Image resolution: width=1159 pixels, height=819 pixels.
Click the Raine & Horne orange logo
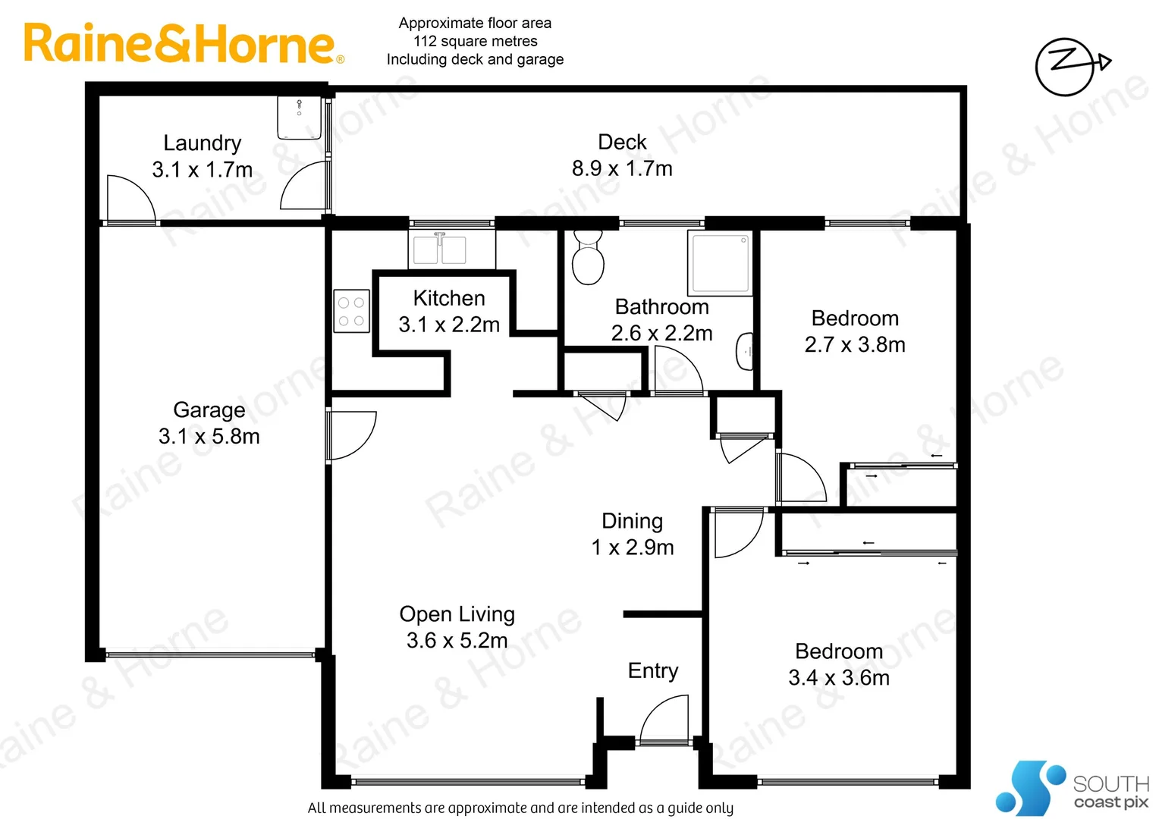click(x=182, y=44)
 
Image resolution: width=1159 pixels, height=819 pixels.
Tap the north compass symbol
click(x=1069, y=66)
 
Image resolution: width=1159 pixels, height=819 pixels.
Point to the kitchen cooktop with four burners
click(x=351, y=311)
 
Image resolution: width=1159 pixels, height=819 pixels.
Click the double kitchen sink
click(x=439, y=249)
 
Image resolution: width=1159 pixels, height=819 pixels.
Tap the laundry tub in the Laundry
click(x=299, y=118)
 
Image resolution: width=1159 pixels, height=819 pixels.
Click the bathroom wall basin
click(x=745, y=351)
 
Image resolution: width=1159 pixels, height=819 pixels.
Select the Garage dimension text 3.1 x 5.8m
click(x=209, y=436)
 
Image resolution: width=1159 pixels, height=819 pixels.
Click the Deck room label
click(x=622, y=142)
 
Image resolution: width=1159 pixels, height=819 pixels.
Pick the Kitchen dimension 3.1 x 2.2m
click(x=449, y=325)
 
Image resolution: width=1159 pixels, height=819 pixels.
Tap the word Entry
click(x=653, y=670)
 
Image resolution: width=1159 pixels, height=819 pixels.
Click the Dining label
click(x=632, y=521)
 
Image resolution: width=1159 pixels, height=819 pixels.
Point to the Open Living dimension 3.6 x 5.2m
click(x=457, y=640)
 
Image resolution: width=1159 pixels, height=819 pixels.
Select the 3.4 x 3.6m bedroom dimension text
click(x=839, y=677)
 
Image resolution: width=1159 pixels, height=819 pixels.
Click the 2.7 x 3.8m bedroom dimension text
click(x=855, y=344)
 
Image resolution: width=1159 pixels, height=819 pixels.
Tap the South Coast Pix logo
click(x=1073, y=789)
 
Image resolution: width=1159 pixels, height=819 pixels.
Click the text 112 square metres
click(x=475, y=41)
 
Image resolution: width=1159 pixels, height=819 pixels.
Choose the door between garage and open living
click(x=350, y=435)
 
